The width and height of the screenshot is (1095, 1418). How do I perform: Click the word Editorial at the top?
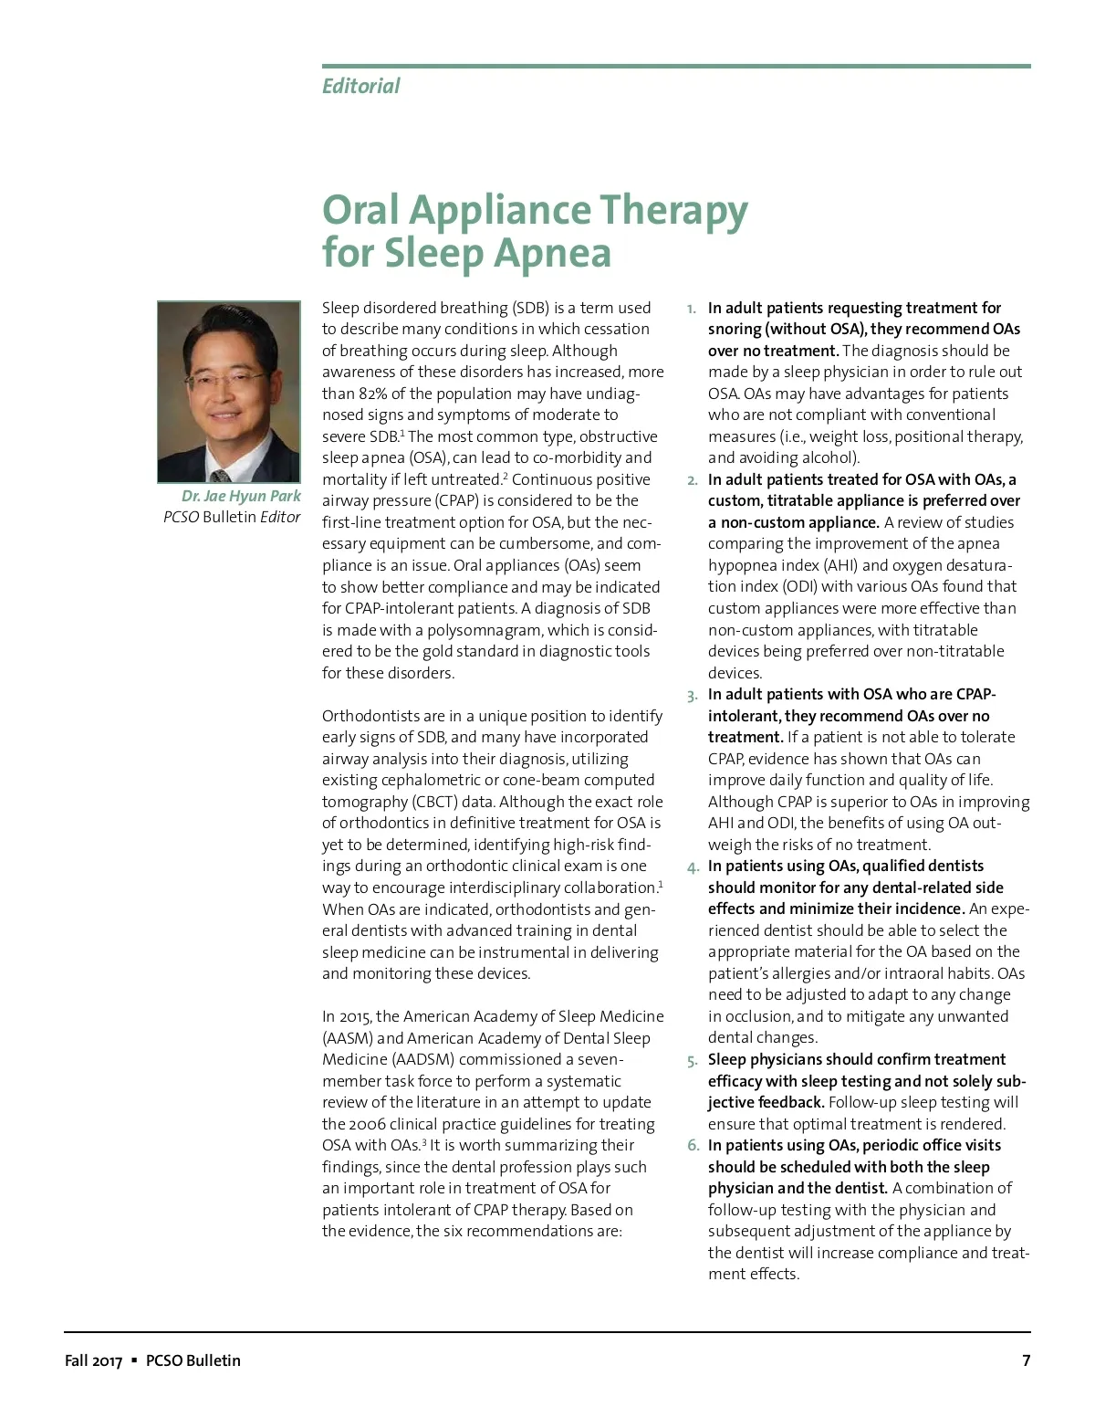[x=360, y=86]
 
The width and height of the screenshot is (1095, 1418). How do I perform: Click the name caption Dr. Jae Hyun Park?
[x=241, y=496]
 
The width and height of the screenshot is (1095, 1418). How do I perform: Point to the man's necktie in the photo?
[x=220, y=474]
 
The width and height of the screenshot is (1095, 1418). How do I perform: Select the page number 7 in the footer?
[x=1026, y=1360]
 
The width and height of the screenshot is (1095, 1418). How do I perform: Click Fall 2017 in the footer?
[x=93, y=1360]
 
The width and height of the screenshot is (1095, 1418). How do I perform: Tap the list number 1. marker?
[x=692, y=309]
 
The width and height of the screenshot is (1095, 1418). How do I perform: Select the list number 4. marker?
[x=693, y=867]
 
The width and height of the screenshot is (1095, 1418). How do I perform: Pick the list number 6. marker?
[x=693, y=1146]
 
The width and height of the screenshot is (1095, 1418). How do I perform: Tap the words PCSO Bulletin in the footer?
[x=193, y=1360]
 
